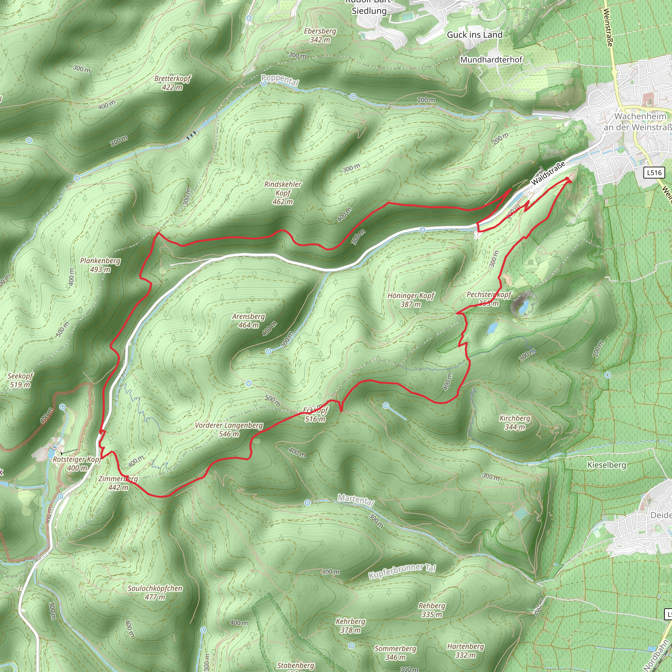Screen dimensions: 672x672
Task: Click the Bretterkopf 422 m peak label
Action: point(173,83)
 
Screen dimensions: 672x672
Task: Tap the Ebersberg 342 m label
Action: point(320,35)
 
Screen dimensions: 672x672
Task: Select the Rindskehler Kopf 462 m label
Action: point(283,193)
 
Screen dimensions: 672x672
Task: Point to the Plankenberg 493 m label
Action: point(100,265)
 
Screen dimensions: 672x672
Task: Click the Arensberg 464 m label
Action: point(248,321)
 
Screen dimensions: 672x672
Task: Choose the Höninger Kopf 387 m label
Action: point(411,300)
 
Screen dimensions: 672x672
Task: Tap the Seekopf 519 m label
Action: point(20,380)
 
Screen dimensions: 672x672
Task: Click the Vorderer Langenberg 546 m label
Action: point(229,430)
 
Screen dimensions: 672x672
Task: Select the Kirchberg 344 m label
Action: point(515,423)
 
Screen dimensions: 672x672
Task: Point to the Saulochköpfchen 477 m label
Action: point(155,593)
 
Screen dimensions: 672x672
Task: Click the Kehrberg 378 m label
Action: point(350,626)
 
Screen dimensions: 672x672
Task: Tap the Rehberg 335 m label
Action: point(432,610)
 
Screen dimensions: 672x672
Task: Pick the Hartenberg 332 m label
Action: point(465,651)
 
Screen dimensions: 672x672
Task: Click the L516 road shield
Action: point(654,173)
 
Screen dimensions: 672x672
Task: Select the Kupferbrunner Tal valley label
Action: point(402,571)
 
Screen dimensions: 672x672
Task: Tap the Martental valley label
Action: point(356,500)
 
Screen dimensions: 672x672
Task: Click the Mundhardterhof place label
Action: point(491,60)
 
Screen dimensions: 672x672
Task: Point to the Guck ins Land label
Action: point(475,35)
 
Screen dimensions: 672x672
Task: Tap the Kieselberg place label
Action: point(607,465)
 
